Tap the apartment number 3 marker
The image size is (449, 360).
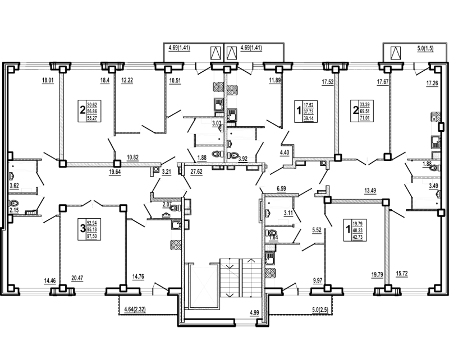(x=82, y=229)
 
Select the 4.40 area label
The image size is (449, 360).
(x=285, y=151)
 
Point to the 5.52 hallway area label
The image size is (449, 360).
(x=317, y=230)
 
